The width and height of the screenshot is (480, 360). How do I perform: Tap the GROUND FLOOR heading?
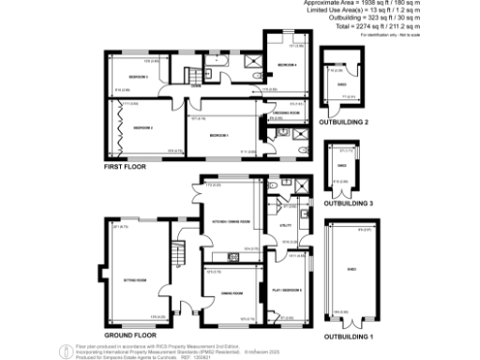point(128,335)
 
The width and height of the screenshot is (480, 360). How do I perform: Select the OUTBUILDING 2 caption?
point(343,122)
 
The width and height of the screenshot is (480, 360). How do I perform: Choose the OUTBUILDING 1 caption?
point(348,335)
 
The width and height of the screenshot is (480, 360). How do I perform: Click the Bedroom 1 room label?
point(219,136)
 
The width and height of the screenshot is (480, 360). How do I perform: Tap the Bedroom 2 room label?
point(142,127)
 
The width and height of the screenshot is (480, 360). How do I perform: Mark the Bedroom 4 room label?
point(286,65)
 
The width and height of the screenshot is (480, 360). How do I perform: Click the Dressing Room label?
point(286,112)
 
